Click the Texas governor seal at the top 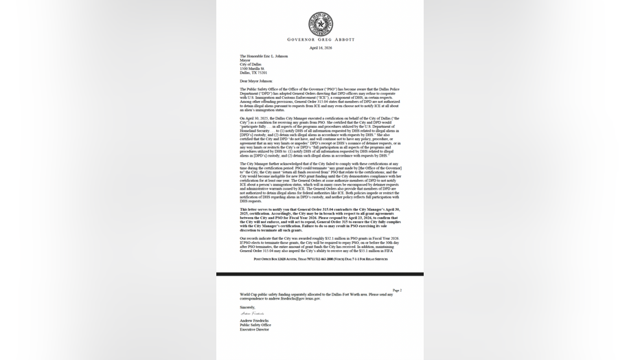click(x=319, y=24)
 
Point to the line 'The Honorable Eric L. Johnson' click(x=264, y=56)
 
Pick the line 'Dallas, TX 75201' click(x=253, y=72)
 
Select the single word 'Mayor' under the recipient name click(x=246, y=60)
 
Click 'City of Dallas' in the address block click(x=251, y=64)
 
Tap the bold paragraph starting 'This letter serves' click(x=319, y=220)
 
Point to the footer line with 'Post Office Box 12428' click(x=319, y=259)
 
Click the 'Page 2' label click(x=397, y=291)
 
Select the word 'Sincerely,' click(x=247, y=307)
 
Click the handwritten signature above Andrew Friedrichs click(x=252, y=313)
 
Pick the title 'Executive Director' click(x=255, y=329)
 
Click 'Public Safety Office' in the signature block click(x=255, y=325)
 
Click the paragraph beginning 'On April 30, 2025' click(x=319, y=137)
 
